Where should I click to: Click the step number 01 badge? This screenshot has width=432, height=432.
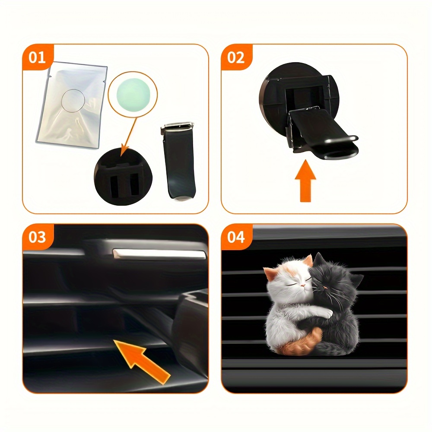[x=37, y=57]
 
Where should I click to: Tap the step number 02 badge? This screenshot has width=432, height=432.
[x=236, y=57]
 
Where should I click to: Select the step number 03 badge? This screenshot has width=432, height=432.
[x=37, y=237]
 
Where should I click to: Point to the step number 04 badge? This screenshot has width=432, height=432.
[x=236, y=237]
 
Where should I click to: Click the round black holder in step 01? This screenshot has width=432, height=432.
[x=123, y=177]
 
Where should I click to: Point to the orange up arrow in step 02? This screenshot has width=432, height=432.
[x=305, y=181]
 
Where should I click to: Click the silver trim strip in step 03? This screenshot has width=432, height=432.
[x=160, y=254]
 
